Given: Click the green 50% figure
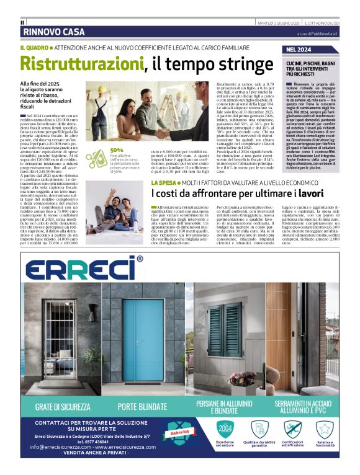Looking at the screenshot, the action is tap(116, 150).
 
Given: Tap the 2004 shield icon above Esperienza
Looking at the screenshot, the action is tap(225, 428).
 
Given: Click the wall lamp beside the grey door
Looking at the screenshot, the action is tap(92, 308).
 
